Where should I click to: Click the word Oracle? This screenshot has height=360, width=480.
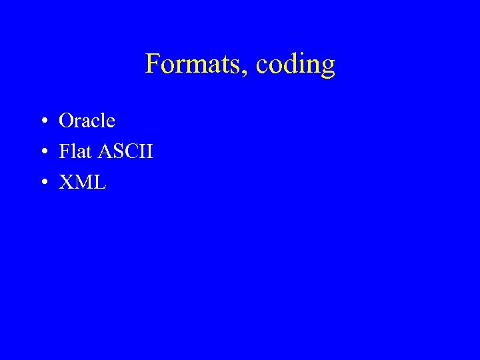click(x=87, y=121)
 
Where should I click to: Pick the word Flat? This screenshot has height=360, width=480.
click(x=75, y=151)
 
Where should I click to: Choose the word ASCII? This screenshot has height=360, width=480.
click(x=125, y=151)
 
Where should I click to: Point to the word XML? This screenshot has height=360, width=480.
click(x=82, y=182)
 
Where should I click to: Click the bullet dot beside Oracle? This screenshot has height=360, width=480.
click(x=42, y=121)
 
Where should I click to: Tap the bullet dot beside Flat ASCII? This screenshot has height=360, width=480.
click(x=42, y=152)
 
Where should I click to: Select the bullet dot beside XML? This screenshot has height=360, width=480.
click(x=42, y=183)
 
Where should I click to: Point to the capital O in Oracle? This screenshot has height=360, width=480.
click(x=66, y=121)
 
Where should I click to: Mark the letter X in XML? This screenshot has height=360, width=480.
click(x=65, y=182)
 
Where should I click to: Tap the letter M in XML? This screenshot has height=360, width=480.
click(x=82, y=182)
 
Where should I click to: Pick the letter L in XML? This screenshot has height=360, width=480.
click(x=99, y=182)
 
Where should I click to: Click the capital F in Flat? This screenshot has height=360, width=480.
click(x=64, y=151)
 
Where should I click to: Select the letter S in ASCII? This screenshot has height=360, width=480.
click(x=117, y=151)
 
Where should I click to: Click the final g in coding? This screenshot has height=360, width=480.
click(x=327, y=67)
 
